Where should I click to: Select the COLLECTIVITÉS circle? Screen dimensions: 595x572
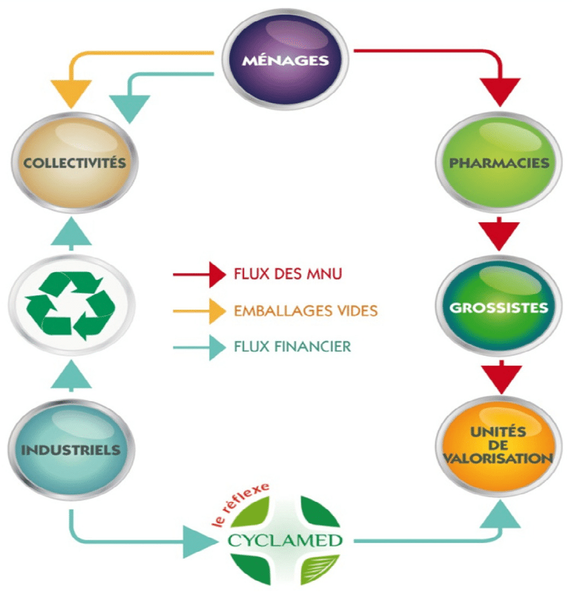point(73,161)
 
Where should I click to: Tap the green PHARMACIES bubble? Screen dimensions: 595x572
point(499,162)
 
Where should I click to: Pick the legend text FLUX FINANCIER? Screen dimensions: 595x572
point(292,348)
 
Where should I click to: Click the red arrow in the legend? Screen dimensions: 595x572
point(199,274)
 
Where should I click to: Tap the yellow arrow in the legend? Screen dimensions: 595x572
point(199,311)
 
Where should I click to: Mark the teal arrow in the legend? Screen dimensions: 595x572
point(199,348)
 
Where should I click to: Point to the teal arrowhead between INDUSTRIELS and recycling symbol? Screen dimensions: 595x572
point(71,377)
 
